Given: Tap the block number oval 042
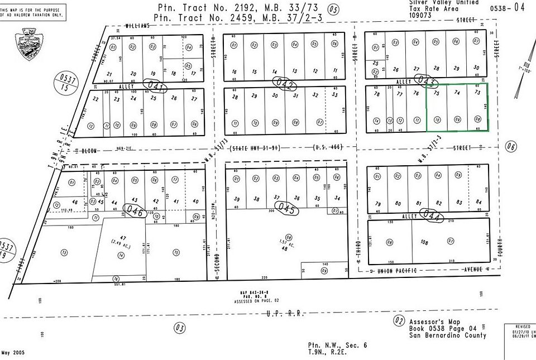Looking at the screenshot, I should point(284,83).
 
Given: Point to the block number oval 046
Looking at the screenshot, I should point(133,212).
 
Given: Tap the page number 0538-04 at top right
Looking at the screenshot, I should point(508,7).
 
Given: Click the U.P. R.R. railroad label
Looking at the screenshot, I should point(286,314).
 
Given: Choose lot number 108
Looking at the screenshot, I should point(424,242).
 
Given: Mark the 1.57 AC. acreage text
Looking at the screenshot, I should point(289,243).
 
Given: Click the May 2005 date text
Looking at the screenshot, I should point(13,352).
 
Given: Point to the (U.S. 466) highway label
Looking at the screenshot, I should point(326,148).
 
